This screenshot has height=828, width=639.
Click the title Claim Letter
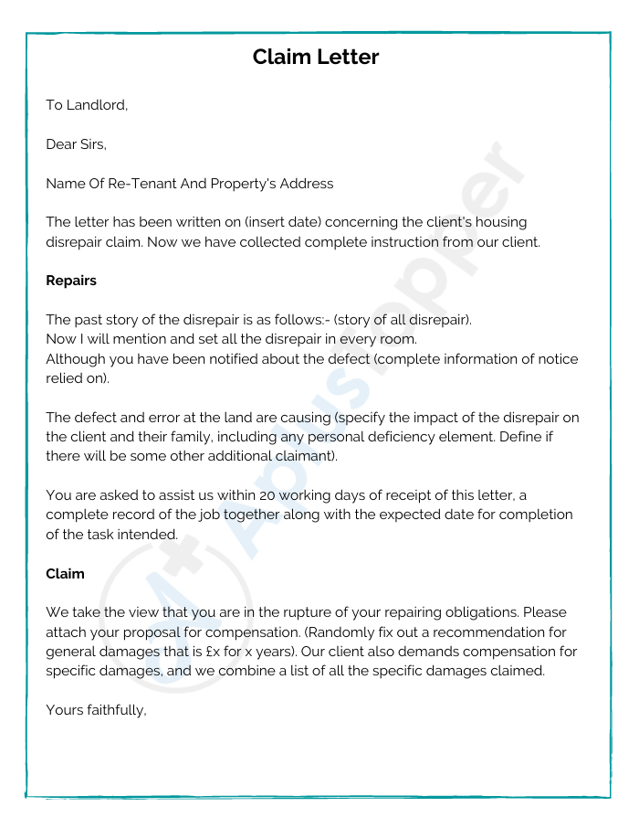pyautogui.click(x=315, y=58)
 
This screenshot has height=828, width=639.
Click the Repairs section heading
pyautogui.click(x=71, y=281)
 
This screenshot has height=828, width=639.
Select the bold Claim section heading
pyautogui.click(x=65, y=574)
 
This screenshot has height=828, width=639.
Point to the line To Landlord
pyautogui.click(x=87, y=105)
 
